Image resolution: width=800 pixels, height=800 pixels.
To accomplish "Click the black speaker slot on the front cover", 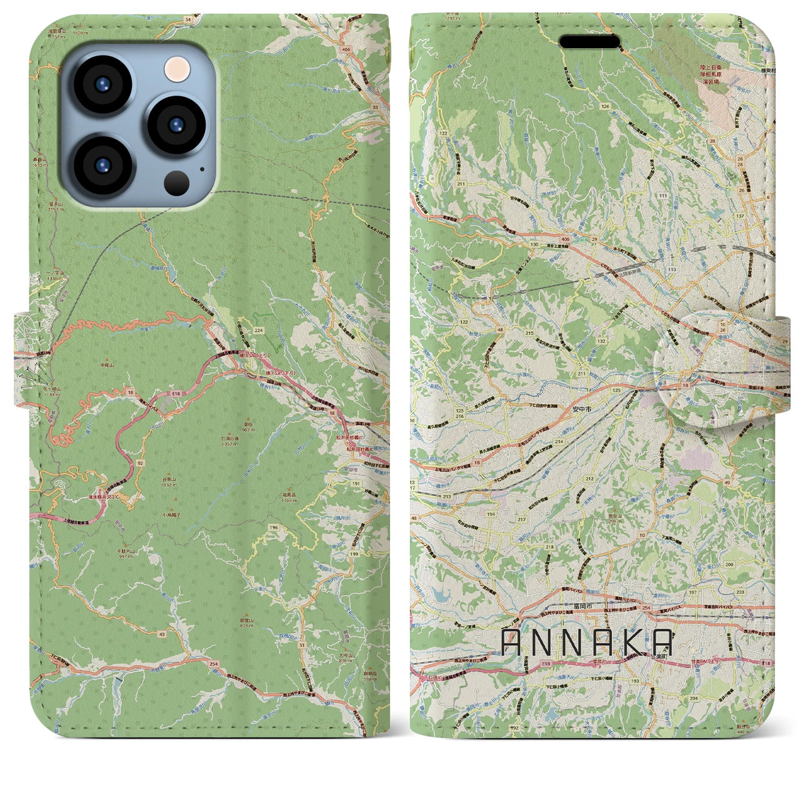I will coord(589,42).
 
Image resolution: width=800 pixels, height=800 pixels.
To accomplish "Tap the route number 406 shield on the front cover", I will coord(346,49).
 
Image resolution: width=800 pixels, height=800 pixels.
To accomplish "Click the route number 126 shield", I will coord(604,106).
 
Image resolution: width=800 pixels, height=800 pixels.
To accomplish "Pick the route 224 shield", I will coord(258,330).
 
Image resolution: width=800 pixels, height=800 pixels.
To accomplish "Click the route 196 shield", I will coord(273,528).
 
